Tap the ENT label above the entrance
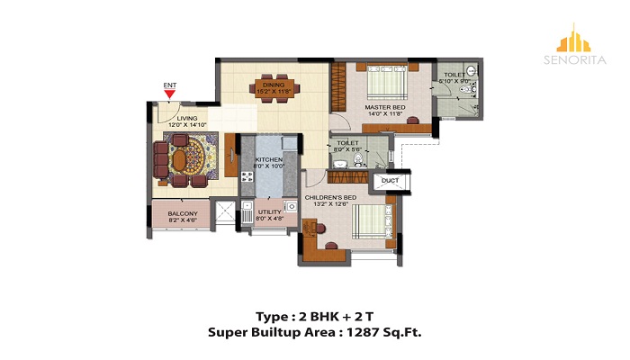click(168, 86)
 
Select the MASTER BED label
click(384, 108)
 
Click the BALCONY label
click(184, 213)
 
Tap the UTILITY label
click(270, 212)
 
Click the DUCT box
click(390, 181)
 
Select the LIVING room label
click(187, 118)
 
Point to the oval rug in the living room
click(184, 159)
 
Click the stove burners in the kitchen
click(247, 175)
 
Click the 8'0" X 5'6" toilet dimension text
click(347, 149)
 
